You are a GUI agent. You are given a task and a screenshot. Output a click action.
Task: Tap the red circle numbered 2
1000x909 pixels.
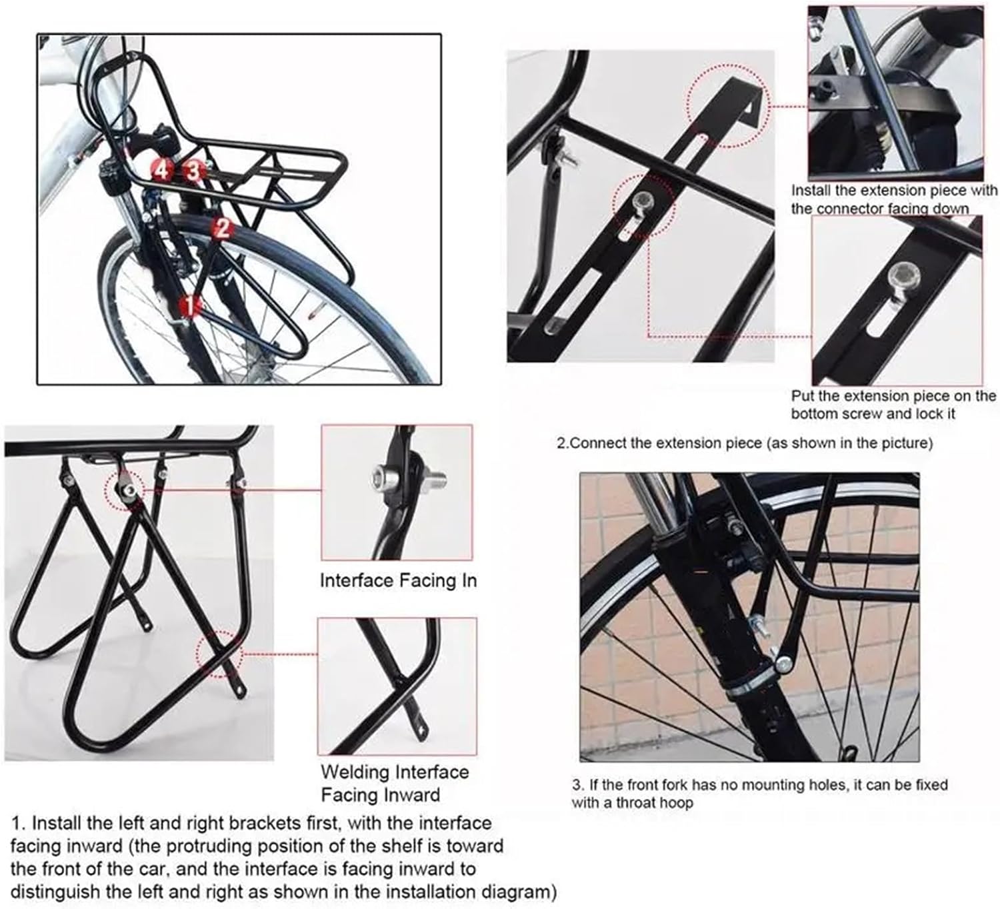222,229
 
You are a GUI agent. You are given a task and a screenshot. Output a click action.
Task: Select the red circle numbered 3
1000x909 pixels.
193,171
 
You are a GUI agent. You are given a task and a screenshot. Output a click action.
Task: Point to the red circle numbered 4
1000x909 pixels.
161,170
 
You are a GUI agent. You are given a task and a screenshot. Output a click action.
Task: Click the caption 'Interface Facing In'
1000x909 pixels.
398,581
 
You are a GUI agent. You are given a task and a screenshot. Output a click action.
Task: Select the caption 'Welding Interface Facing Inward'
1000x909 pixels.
394,784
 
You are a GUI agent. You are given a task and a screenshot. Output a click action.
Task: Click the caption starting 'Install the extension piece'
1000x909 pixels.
893,199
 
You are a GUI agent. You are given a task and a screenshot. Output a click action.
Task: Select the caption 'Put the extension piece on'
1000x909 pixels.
893,405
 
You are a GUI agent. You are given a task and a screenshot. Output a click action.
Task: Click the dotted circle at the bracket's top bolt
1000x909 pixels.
125,490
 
